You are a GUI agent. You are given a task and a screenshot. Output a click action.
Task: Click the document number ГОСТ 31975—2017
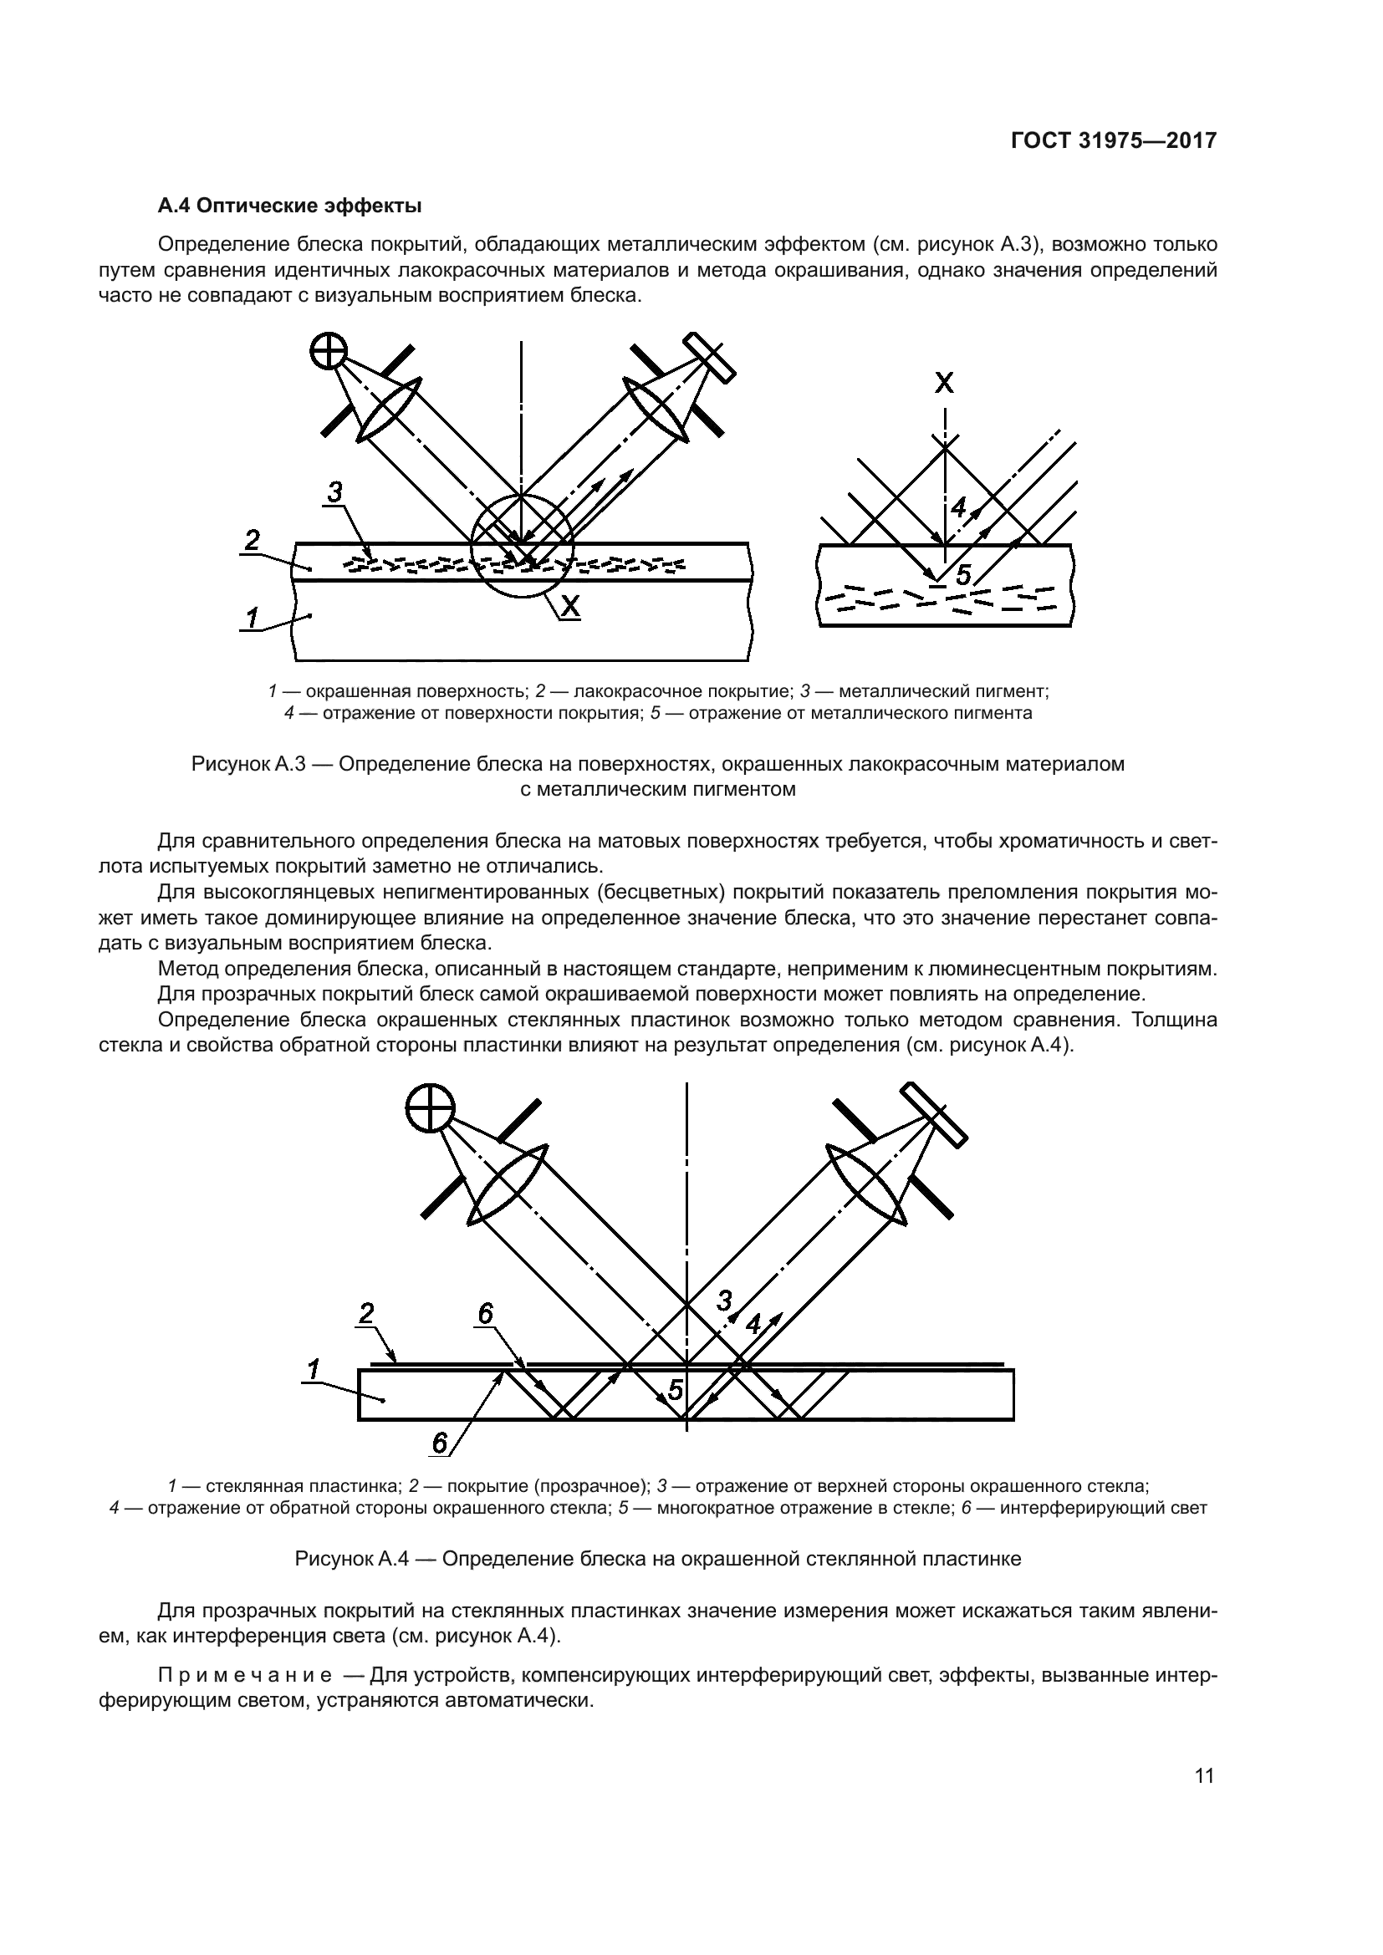(1114, 141)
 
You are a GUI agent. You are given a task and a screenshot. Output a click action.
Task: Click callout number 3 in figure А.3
(334, 492)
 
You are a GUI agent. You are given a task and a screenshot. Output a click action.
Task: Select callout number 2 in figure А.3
(252, 540)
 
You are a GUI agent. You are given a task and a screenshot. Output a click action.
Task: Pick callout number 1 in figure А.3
(252, 618)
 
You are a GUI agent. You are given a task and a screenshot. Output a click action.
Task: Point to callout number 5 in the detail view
(963, 576)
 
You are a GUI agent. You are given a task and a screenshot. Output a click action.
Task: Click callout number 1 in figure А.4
(314, 1370)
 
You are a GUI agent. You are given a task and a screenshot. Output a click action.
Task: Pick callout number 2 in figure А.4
(366, 1314)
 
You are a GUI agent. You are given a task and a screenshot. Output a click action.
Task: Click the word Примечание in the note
(245, 1677)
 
